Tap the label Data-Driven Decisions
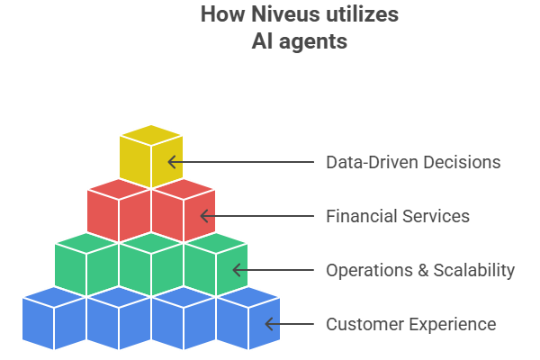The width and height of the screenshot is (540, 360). click(x=412, y=163)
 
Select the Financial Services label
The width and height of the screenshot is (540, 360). click(x=397, y=216)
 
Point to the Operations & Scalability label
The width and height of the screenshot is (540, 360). click(x=420, y=270)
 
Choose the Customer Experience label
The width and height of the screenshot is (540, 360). click(x=410, y=324)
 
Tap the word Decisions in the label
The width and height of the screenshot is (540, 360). click(x=463, y=163)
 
